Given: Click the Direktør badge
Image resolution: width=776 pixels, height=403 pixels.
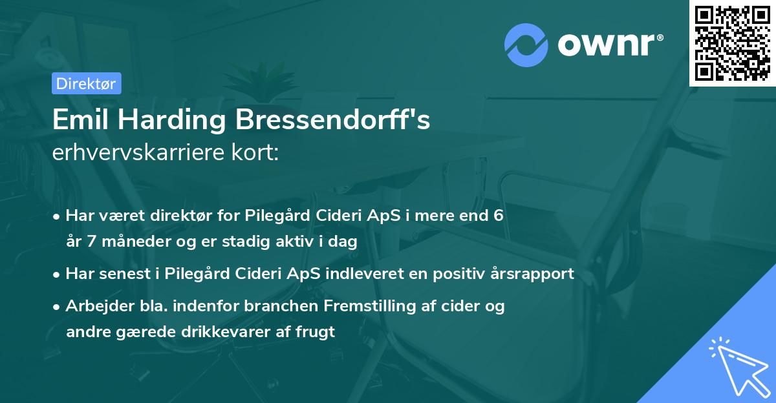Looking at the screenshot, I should [86, 83].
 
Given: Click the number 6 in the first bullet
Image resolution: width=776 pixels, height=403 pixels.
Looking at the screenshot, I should [499, 216].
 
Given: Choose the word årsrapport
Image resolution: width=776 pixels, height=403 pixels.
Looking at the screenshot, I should [528, 274].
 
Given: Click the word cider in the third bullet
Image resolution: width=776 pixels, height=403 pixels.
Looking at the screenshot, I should [457, 306].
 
